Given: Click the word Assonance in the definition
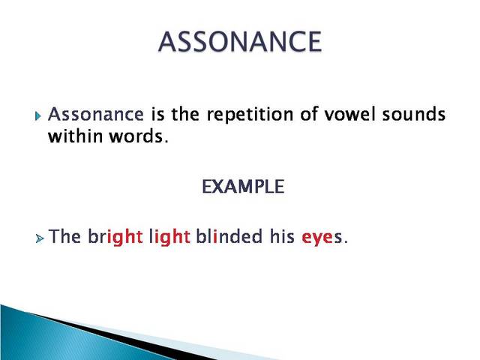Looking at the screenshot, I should point(96,115).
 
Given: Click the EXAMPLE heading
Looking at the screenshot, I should point(243,187).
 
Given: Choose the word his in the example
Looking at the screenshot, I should point(281,237).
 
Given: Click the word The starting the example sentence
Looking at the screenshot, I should point(65,237).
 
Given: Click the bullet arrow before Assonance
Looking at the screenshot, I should point(39,116).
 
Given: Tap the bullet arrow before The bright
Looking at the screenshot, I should point(39,238).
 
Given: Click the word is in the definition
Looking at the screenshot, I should point(156,115).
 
